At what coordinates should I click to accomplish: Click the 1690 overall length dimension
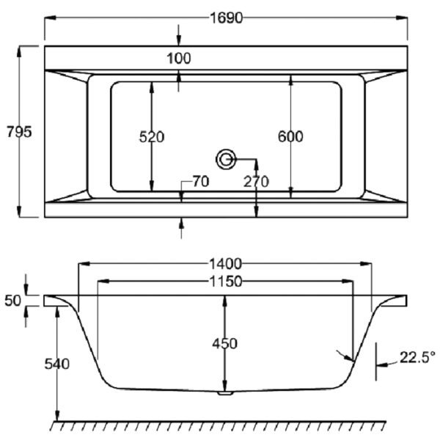coord(226,18)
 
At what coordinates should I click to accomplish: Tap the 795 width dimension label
coord(19,131)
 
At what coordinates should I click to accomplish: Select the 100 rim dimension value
coord(179,59)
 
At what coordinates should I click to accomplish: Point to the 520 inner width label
coord(152,137)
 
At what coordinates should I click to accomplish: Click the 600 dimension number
coord(290,136)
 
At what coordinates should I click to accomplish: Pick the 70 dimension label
coord(201,182)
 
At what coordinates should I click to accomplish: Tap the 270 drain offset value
coord(256,182)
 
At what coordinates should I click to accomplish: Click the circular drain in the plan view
coord(226,159)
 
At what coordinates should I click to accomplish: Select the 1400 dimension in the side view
coord(225,264)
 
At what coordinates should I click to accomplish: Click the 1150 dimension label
coord(226,282)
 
